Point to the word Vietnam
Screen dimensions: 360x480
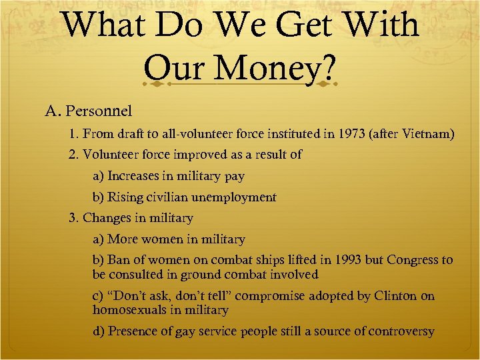[x=427, y=135]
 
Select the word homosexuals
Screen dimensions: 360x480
[x=127, y=310]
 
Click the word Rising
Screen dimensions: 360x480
[x=125, y=197]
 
